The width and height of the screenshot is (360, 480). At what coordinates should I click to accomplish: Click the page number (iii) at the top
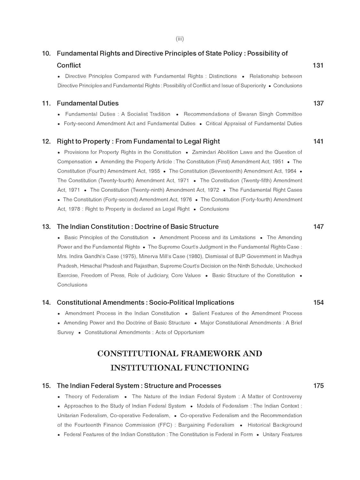180,39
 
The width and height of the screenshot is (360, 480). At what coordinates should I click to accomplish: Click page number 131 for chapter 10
318,65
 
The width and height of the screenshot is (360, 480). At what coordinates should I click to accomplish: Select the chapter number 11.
46,103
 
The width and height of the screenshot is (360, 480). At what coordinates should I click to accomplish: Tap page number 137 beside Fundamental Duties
318,103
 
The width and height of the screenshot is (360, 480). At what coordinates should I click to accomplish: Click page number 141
318,141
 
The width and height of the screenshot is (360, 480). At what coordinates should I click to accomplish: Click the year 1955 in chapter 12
154,171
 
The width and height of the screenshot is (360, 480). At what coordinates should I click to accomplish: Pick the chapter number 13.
46,227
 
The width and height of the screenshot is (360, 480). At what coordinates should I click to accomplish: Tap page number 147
318,227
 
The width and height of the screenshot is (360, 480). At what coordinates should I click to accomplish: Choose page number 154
318,303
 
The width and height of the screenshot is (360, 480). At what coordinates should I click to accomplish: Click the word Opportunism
189,332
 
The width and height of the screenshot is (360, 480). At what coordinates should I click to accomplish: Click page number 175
318,386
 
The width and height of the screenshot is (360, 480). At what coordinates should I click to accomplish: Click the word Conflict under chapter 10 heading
69,65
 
